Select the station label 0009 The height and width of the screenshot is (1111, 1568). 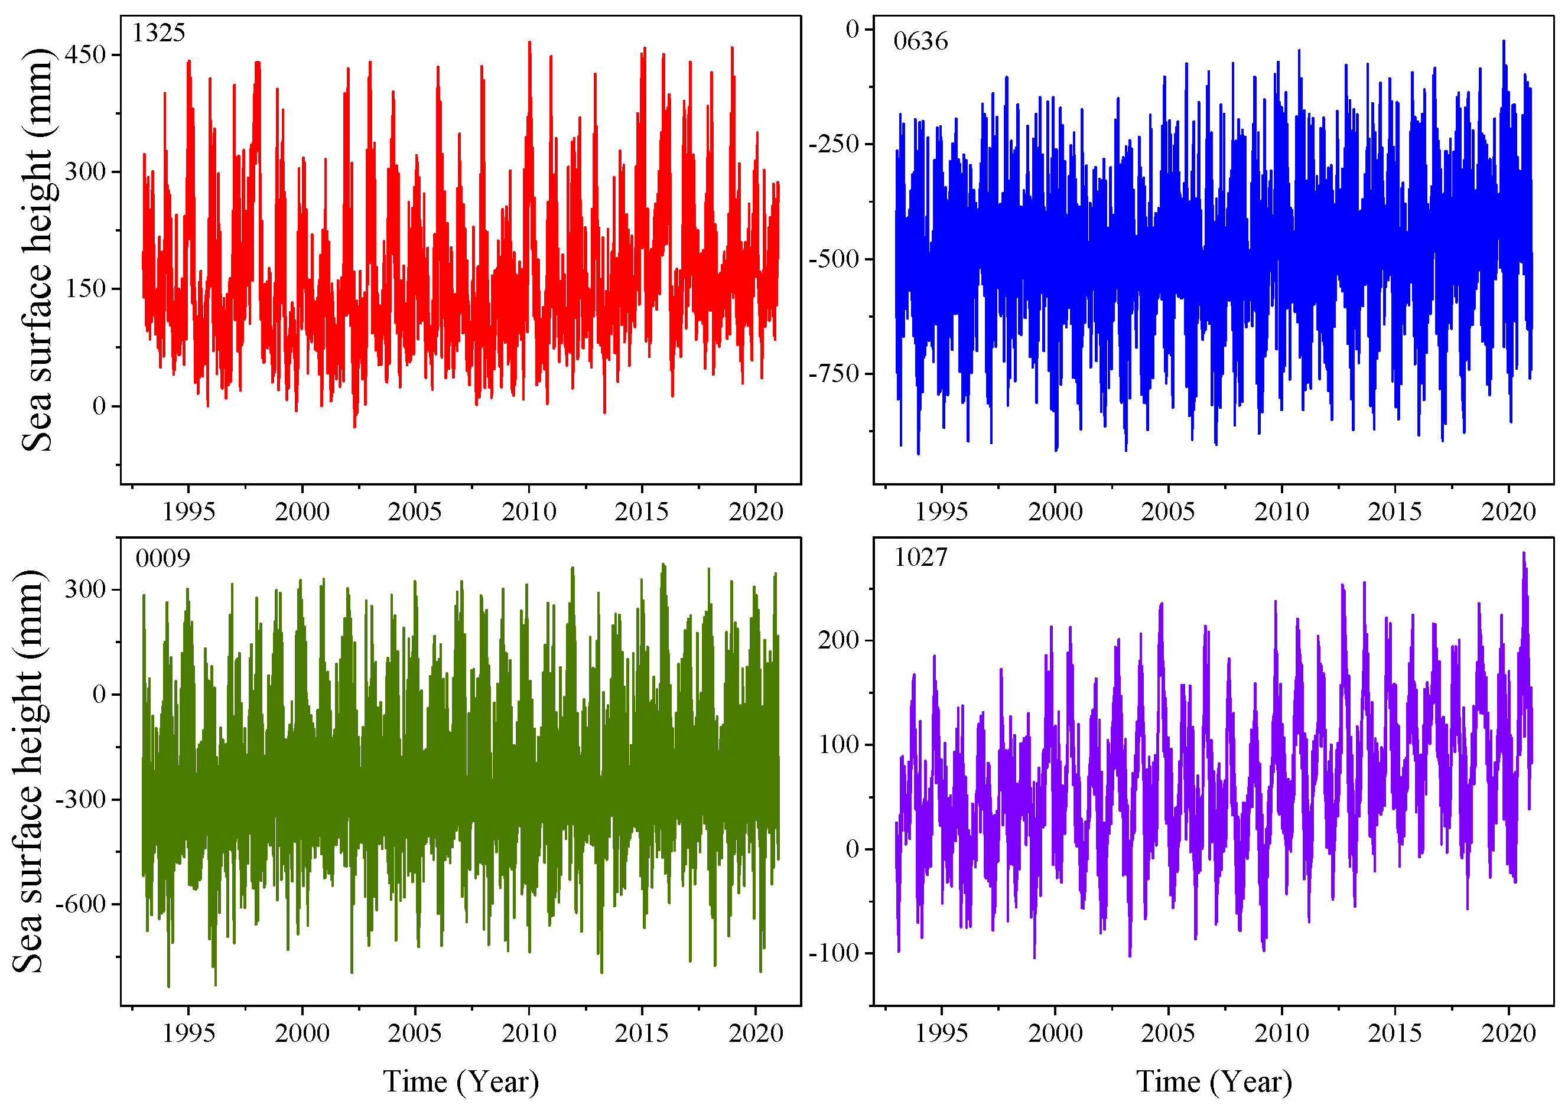[x=163, y=558]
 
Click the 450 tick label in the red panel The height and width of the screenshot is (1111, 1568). [x=86, y=55]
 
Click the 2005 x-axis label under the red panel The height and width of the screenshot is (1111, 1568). [x=415, y=511]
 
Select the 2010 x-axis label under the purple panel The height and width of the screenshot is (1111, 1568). [x=1281, y=1033]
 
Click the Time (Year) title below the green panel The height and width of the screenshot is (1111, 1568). [x=460, y=1082]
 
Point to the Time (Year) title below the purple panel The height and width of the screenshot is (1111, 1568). [x=1214, y=1082]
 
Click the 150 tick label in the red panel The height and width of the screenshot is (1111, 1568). [x=86, y=289]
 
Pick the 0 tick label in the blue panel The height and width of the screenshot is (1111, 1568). [x=852, y=30]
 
